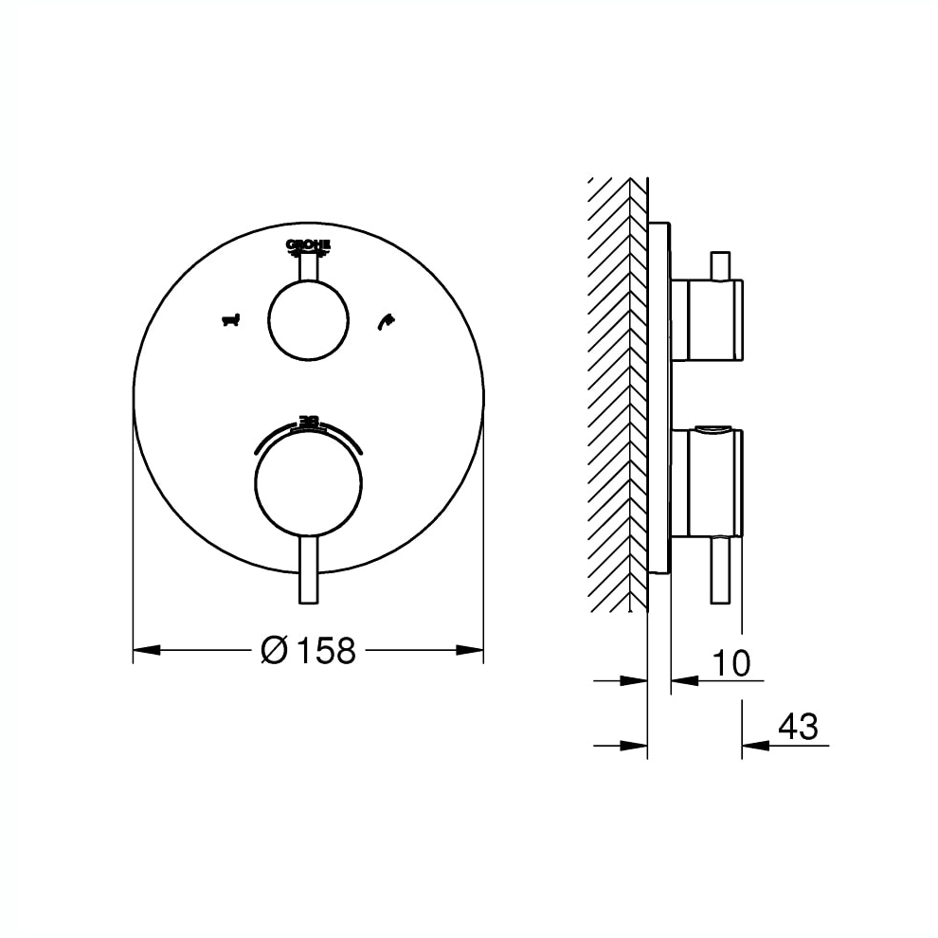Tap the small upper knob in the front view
pyautogui.click(x=308, y=321)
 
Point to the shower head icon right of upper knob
pyautogui.click(x=385, y=322)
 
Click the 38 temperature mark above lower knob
pyautogui.click(x=308, y=420)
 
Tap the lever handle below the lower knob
pyautogui.click(x=308, y=568)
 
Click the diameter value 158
pyautogui.click(x=326, y=650)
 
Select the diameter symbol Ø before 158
pyautogui.click(x=274, y=650)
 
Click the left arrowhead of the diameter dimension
pyautogui.click(x=146, y=650)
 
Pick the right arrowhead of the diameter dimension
pyautogui.click(x=471, y=650)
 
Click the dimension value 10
pyautogui.click(x=731, y=663)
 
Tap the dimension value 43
pyautogui.click(x=797, y=727)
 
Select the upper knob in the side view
pyautogui.click(x=706, y=320)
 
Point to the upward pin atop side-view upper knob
pyautogui.click(x=720, y=266)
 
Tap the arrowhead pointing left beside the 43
pyautogui.click(x=754, y=746)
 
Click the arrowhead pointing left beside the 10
pyautogui.click(x=684, y=680)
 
